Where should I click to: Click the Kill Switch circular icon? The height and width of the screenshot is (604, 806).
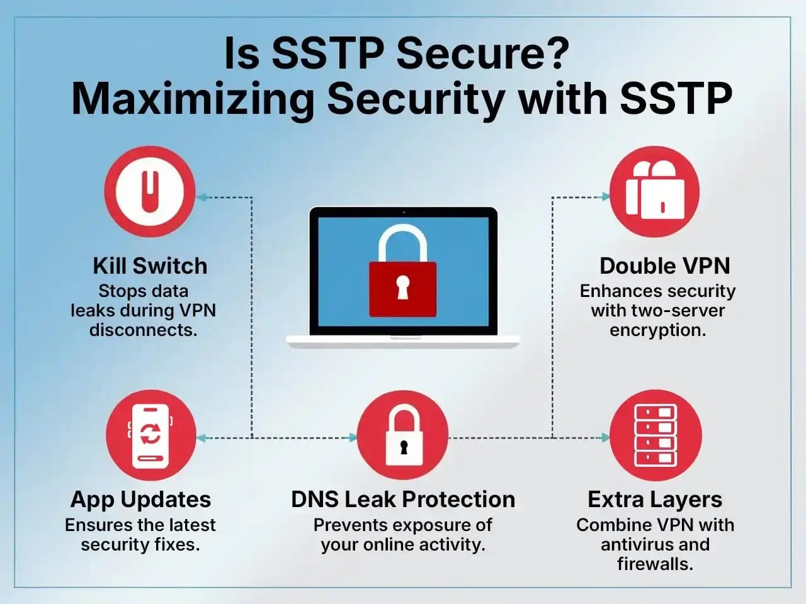tap(149, 191)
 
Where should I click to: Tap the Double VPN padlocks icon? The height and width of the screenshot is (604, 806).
tap(655, 191)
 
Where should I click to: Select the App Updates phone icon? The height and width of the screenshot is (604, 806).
tap(150, 435)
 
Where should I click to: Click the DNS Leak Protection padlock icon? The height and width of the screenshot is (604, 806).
tap(402, 435)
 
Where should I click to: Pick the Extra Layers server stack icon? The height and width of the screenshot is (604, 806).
tap(656, 435)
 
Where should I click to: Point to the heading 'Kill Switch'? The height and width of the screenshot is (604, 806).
tap(150, 266)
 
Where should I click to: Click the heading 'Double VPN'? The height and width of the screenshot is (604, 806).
tap(664, 266)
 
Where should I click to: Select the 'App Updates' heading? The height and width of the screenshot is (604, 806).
tap(140, 499)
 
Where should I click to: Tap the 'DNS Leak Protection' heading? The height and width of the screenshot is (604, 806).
tap(403, 499)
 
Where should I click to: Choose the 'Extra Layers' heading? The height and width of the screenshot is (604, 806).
tap(655, 499)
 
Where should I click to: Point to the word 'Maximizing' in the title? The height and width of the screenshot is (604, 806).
tap(192, 99)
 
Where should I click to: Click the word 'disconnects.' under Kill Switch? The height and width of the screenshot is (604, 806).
tap(144, 330)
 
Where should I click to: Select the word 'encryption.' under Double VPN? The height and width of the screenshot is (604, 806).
tap(657, 330)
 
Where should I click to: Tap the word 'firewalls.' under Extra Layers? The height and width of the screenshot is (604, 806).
tap(655, 564)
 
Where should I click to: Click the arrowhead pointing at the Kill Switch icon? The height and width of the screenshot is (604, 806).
tap(201, 197)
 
